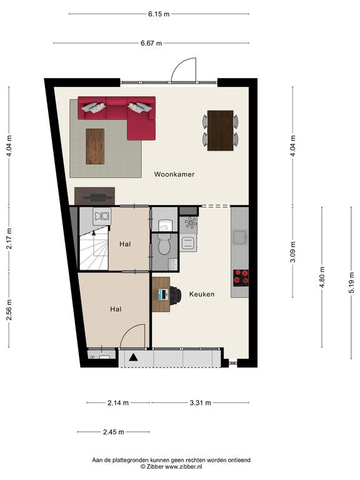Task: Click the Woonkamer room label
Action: click(174, 174)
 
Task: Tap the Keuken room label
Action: click(202, 294)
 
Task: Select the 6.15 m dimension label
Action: click(159, 14)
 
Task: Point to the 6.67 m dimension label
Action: click(151, 43)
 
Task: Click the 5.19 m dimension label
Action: click(351, 283)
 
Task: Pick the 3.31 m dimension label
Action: click(200, 402)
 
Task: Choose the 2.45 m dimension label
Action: click(114, 432)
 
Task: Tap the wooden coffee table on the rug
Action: click(95, 146)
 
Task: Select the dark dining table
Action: click(221, 131)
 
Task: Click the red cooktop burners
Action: click(241, 277)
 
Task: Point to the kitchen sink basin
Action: click(240, 237)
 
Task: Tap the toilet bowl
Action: click(164, 246)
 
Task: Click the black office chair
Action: click(176, 295)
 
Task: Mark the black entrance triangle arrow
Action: click(133, 357)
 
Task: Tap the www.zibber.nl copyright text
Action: click(171, 467)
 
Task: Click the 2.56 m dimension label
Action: click(9, 309)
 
